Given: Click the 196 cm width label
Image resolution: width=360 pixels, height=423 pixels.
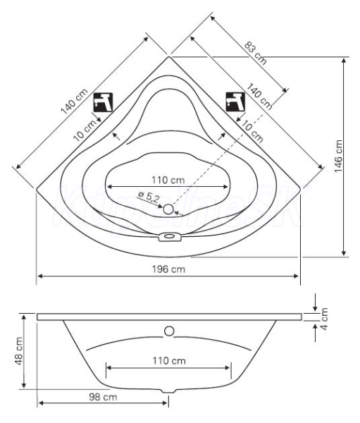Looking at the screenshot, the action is [168, 269].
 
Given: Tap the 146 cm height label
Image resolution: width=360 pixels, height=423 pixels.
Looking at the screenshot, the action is [338, 157].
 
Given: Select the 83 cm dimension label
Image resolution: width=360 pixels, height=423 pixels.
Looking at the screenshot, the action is [255, 53].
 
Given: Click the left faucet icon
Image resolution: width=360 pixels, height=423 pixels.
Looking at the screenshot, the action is [103, 102].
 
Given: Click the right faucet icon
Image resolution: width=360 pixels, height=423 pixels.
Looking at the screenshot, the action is [235, 102].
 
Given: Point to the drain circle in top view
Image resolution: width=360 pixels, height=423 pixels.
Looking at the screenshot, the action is [168, 209].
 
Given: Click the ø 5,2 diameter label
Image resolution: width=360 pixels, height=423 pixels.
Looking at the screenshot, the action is [149, 197].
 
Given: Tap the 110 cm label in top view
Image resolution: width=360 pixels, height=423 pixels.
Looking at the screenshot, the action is [168, 180].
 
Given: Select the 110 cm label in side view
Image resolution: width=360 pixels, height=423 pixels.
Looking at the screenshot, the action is [169, 360].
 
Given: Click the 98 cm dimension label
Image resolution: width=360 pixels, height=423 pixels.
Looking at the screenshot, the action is [103, 397].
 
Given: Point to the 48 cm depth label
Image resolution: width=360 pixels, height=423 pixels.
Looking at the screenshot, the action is [19, 351].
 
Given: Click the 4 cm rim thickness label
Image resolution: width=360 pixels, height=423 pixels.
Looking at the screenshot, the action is [324, 319].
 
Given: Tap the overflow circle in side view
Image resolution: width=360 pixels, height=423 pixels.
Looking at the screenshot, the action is [169, 331].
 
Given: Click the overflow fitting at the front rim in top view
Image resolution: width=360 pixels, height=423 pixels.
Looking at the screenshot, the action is [169, 237].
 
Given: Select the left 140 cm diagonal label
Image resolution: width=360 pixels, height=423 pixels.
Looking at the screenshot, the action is [74, 102].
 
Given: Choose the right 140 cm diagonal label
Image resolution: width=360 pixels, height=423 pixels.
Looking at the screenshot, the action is [259, 97].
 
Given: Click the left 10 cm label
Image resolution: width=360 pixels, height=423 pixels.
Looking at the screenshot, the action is [85, 130].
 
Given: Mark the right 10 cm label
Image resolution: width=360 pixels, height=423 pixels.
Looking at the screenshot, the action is [252, 131].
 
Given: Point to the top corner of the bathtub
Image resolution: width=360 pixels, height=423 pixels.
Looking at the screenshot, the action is [169, 56].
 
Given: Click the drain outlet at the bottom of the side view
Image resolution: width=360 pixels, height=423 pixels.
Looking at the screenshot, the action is [169, 391].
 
